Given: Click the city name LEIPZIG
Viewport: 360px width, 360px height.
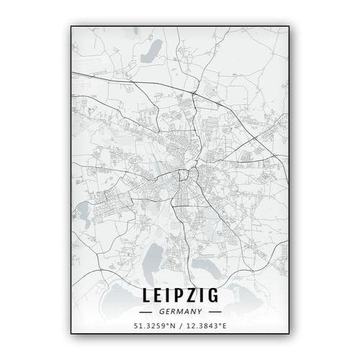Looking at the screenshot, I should pyautogui.click(x=180, y=296).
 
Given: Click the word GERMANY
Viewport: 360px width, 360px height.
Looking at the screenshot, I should pyautogui.click(x=180, y=312).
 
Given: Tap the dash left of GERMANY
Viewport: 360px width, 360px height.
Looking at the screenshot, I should pyautogui.click(x=146, y=312).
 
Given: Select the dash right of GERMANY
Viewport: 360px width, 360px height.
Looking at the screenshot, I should pyautogui.click(x=214, y=312).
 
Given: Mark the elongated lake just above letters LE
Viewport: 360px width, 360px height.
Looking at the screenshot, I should pyautogui.click(x=153, y=258).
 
